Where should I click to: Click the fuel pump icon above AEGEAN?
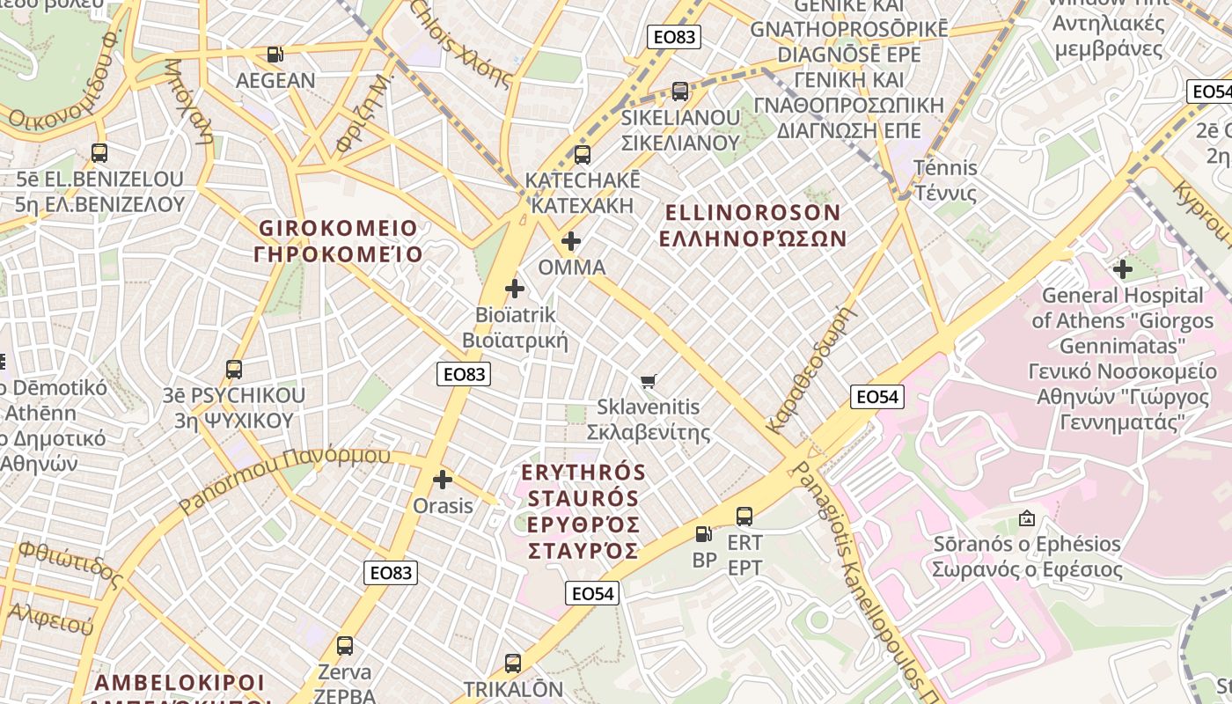pyautogui.click(x=275, y=55)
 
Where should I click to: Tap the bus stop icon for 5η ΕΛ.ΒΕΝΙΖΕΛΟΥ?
pyautogui.click(x=99, y=153)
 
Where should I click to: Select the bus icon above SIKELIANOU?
pyautogui.click(x=679, y=92)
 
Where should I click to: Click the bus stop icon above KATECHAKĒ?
pyautogui.click(x=582, y=155)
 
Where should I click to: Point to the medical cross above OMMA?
pyautogui.click(x=571, y=241)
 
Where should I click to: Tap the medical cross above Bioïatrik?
pyautogui.click(x=515, y=289)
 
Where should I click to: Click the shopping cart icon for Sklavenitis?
pyautogui.click(x=649, y=381)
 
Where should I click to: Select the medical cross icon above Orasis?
pyautogui.click(x=443, y=480)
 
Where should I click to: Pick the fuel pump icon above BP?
pyautogui.click(x=703, y=534)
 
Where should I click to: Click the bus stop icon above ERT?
pyautogui.click(x=744, y=517)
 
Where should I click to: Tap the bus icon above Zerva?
pyautogui.click(x=345, y=646)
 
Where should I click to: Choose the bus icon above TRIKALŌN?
pyautogui.click(x=513, y=664)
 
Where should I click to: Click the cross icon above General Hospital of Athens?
pyautogui.click(x=1122, y=269)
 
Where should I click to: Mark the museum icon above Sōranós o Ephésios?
pyautogui.click(x=1026, y=518)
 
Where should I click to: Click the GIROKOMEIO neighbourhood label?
pyautogui.click(x=338, y=241)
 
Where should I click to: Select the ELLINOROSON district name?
pyautogui.click(x=753, y=225)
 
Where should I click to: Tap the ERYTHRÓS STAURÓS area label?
pyautogui.click(x=583, y=512)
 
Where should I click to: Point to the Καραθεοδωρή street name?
pyautogui.click(x=811, y=370)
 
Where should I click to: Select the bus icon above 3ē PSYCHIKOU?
pyautogui.click(x=234, y=370)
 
